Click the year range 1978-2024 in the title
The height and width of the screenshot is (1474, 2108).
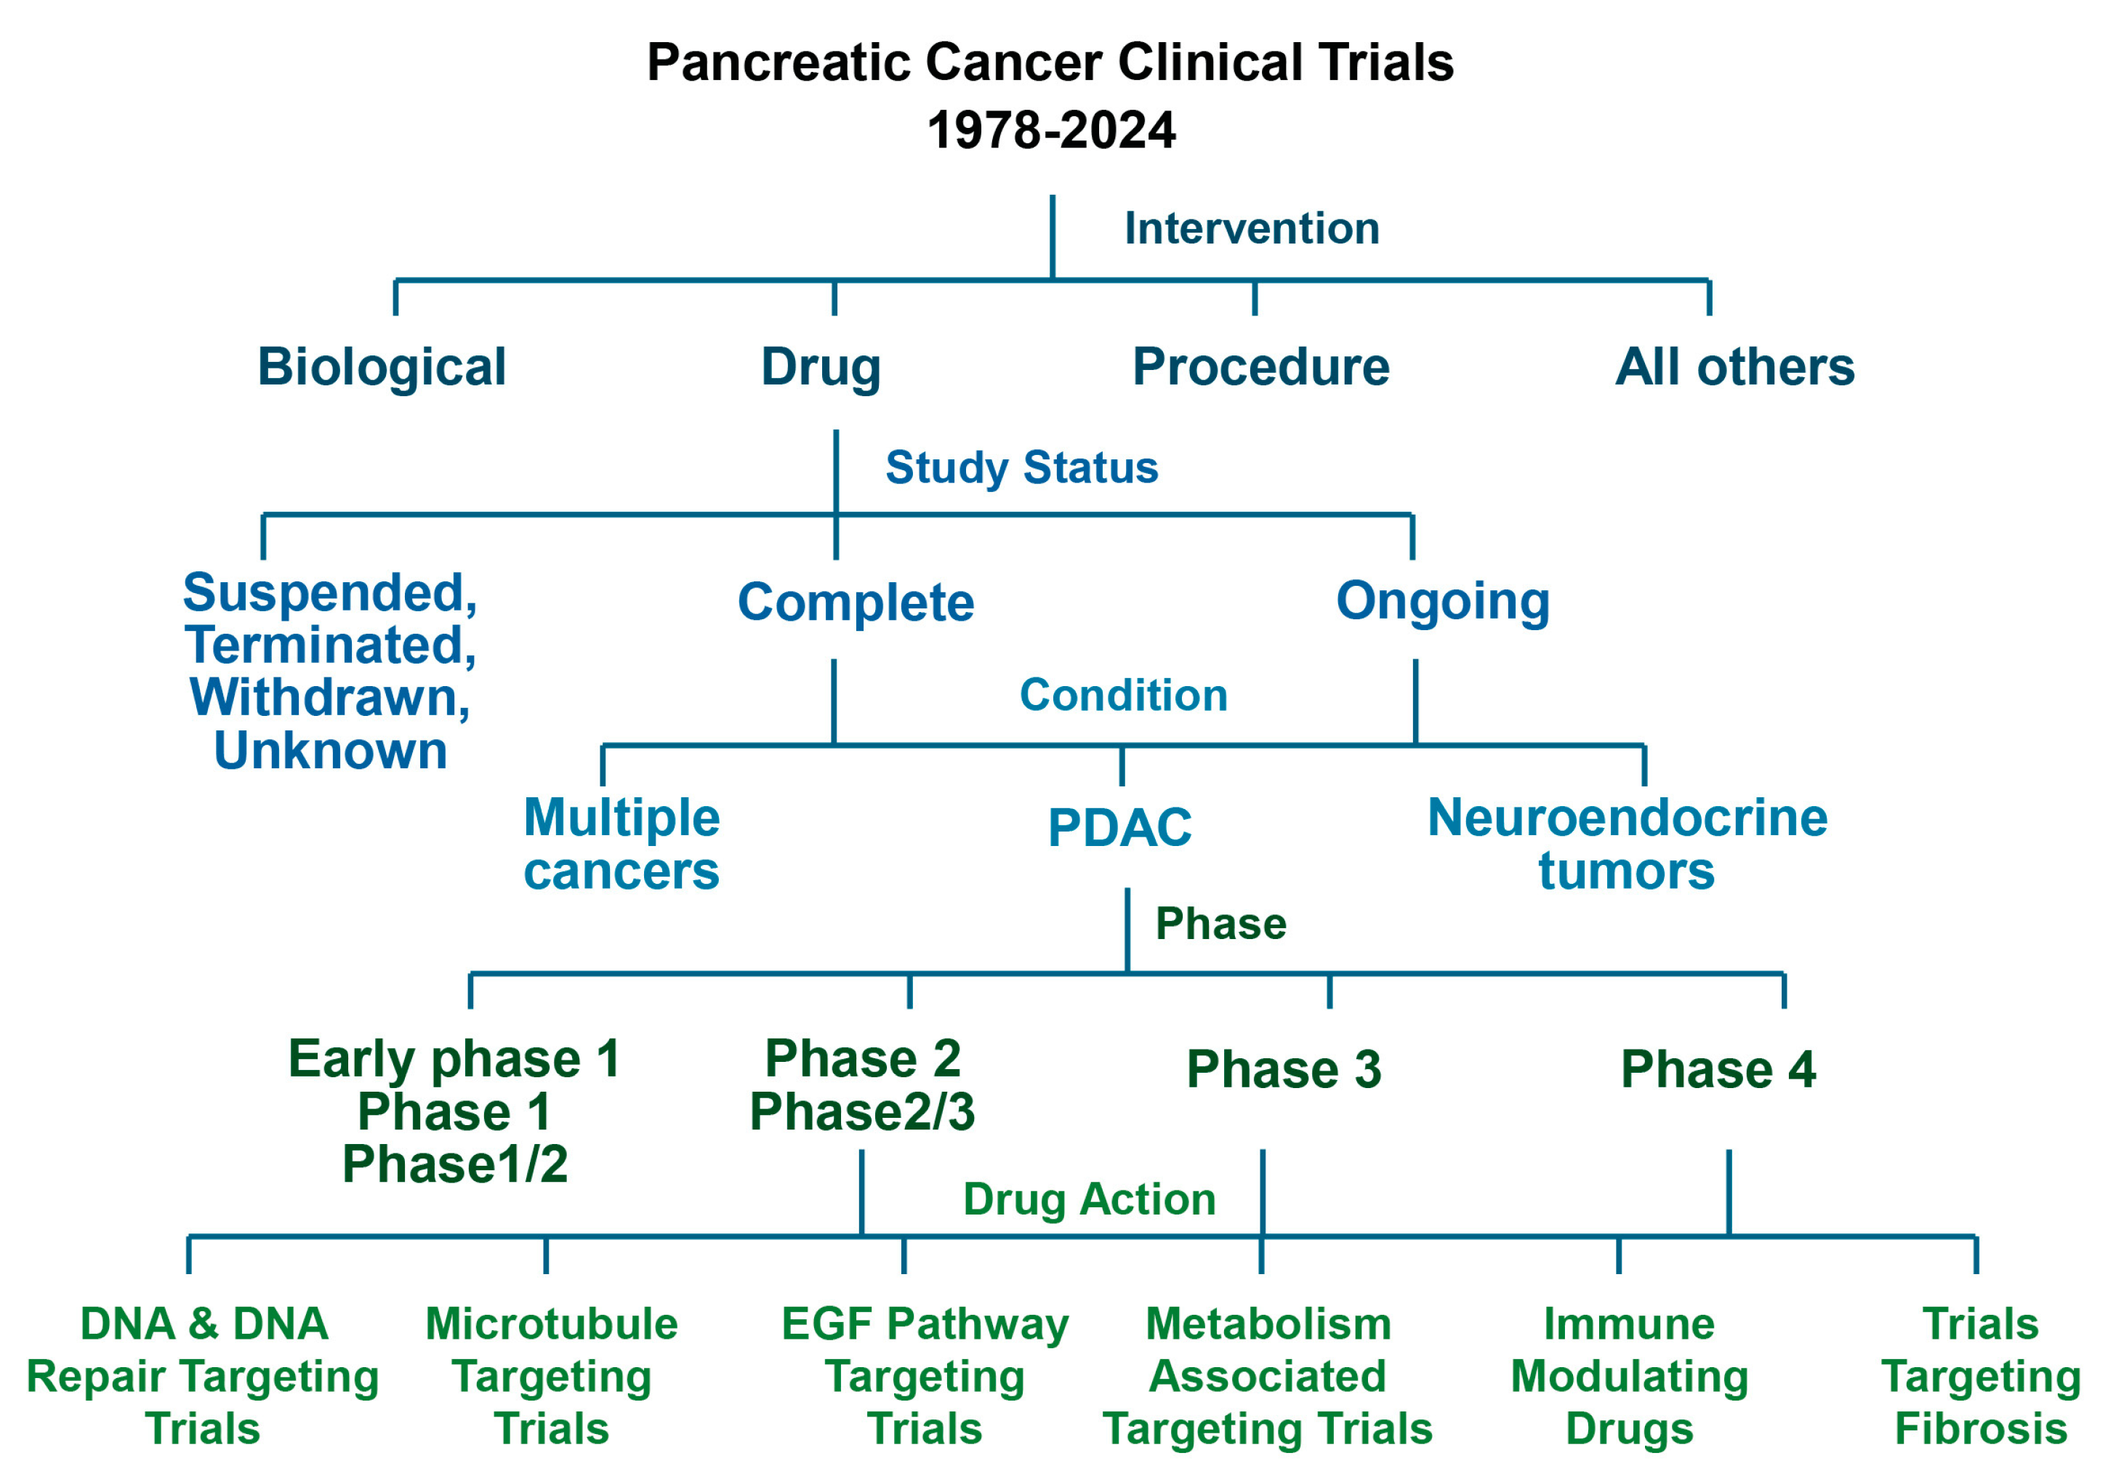[x=1050, y=130]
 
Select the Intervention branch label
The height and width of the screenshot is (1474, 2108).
[x=1252, y=228]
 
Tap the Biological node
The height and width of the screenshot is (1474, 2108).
[x=381, y=367]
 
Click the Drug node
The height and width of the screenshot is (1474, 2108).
[x=821, y=367]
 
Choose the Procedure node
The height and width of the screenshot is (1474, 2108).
[x=1260, y=367]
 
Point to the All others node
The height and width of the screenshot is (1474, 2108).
[x=1734, y=367]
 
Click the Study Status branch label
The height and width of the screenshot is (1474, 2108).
[x=1021, y=467]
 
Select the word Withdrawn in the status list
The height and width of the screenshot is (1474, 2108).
[x=329, y=698]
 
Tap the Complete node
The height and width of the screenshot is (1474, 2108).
[x=856, y=603]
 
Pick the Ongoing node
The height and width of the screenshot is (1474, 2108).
[x=1442, y=601]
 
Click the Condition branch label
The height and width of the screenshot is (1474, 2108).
[x=1123, y=695]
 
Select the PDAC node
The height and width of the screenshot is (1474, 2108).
[x=1119, y=828]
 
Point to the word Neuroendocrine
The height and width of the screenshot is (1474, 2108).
[x=1627, y=818]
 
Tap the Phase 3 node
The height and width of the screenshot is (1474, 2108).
[x=1284, y=1070]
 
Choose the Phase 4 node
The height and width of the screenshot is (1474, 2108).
[x=1718, y=1070]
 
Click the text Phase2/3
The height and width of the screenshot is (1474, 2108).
[x=862, y=1112]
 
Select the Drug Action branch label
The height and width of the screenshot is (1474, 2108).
[x=1089, y=1199]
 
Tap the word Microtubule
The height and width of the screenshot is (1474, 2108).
[x=551, y=1324]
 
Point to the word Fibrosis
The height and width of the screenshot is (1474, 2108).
[x=1980, y=1429]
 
